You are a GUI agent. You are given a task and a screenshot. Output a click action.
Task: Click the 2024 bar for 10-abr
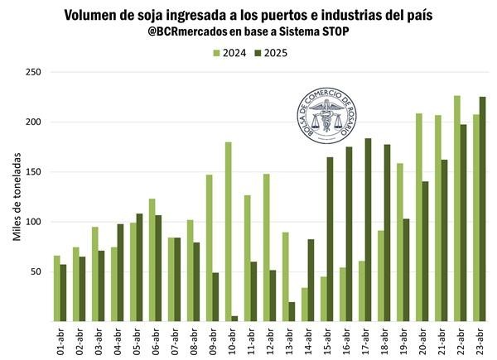tap(229, 232)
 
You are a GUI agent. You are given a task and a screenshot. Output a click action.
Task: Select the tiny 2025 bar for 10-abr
tap(235, 319)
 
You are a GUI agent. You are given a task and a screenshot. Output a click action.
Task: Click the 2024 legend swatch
tap(217, 53)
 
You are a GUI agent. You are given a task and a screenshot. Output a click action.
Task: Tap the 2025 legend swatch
tap(258, 53)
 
